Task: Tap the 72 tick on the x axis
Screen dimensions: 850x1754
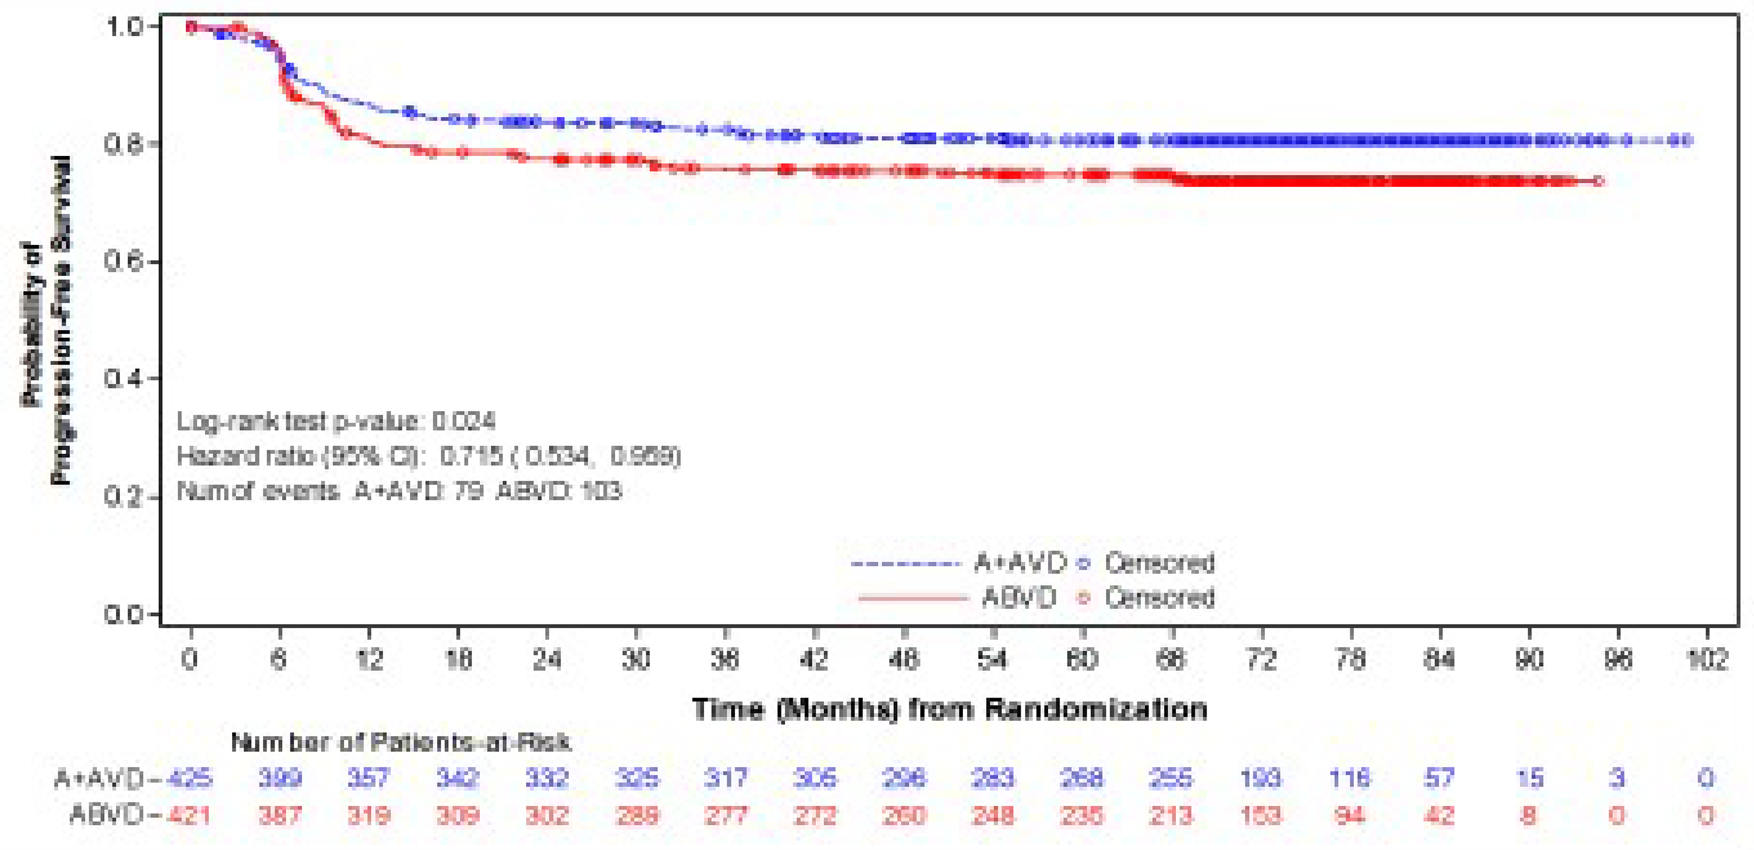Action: pos(1261,659)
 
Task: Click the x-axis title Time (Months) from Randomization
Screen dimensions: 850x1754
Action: pos(949,709)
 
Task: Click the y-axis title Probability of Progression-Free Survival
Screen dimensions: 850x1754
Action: pos(46,320)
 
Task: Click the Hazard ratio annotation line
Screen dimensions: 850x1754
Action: pos(428,456)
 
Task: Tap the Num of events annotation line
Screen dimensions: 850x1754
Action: pos(399,491)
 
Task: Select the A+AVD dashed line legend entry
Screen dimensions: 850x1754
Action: pos(957,563)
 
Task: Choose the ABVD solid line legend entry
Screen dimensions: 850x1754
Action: pos(957,598)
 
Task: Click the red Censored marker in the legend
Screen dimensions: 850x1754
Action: pos(1083,598)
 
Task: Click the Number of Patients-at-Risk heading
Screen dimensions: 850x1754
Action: pos(400,742)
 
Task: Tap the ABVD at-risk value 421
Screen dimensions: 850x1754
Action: pos(189,815)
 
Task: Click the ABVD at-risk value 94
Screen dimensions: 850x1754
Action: pos(1349,815)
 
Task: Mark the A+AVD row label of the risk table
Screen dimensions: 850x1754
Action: pos(99,778)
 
